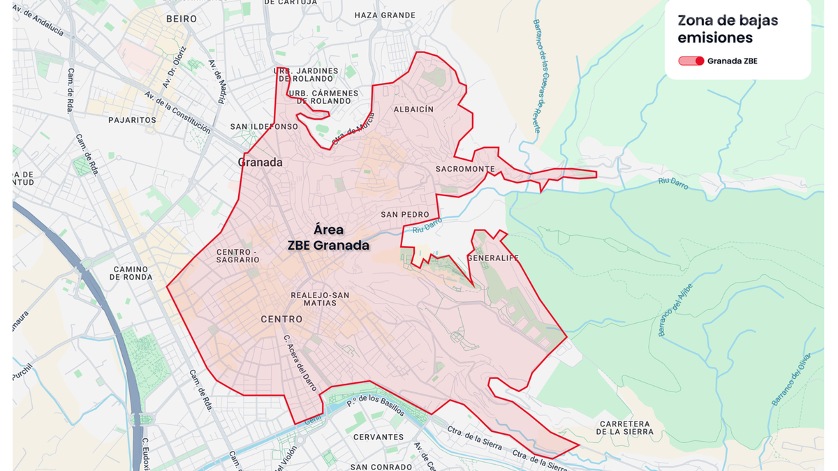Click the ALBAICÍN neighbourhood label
click(413, 110)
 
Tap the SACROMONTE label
click(464, 169)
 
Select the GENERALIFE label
click(493, 257)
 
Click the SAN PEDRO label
click(405, 214)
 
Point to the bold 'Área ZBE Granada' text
click(328, 237)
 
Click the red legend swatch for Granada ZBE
click(691, 61)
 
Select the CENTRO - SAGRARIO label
click(237, 255)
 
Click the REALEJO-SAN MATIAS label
click(320, 299)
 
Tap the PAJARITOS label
click(132, 120)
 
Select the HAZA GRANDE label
click(385, 15)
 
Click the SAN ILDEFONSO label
click(264, 127)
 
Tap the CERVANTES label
click(378, 437)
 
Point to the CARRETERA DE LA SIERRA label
click(624, 428)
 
